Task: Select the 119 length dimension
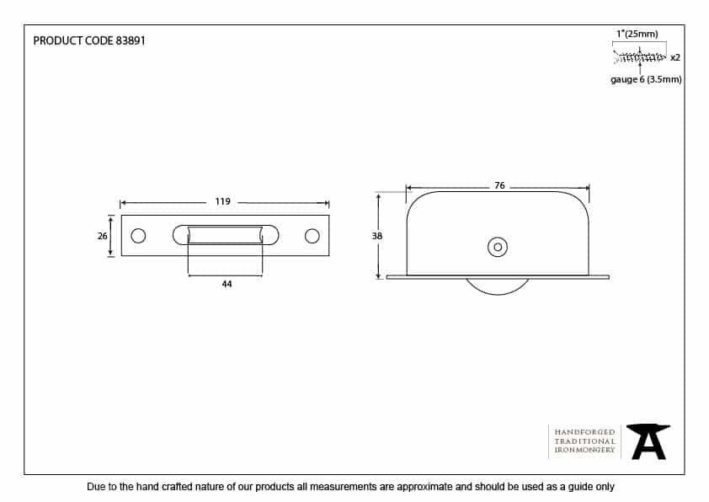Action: point(223,202)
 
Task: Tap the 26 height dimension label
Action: point(103,236)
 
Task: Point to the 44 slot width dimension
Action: point(227,285)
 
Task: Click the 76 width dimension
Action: point(499,185)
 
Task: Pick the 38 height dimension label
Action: point(377,237)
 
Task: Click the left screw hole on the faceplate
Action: point(139,236)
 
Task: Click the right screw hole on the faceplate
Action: point(312,236)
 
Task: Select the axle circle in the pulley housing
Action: point(498,247)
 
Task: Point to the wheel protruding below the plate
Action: point(498,286)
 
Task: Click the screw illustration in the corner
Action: point(641,56)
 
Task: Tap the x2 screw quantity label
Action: point(674,57)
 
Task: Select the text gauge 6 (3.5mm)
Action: point(646,79)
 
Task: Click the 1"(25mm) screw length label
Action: point(637,34)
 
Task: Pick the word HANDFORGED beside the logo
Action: point(584,432)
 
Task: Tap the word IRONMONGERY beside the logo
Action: point(584,451)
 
